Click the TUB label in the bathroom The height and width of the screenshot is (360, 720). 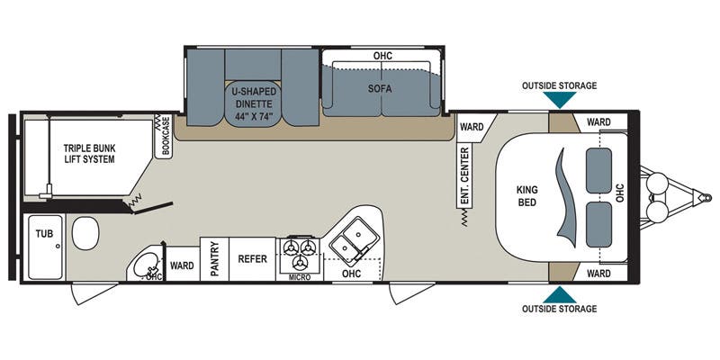coord(44,232)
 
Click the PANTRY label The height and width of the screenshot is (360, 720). coord(215,259)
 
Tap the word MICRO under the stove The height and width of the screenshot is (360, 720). coord(300,277)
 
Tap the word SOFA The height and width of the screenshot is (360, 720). coord(382,91)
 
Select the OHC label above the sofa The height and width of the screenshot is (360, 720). coord(382,56)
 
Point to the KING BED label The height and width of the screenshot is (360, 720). coord(527,196)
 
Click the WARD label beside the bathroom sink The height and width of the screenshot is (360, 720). coord(183,265)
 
